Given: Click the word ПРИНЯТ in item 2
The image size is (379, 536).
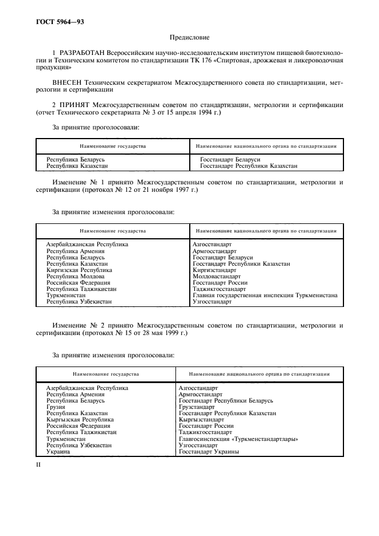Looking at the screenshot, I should point(74,105).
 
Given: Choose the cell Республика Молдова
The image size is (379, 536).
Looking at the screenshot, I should point(75,276).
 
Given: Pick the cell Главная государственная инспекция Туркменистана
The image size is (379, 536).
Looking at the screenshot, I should point(264,295).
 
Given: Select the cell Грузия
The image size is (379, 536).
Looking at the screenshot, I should point(56,407).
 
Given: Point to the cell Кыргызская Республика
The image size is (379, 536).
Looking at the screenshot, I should point(80,419).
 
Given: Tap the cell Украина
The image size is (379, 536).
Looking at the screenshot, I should point(58,451).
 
